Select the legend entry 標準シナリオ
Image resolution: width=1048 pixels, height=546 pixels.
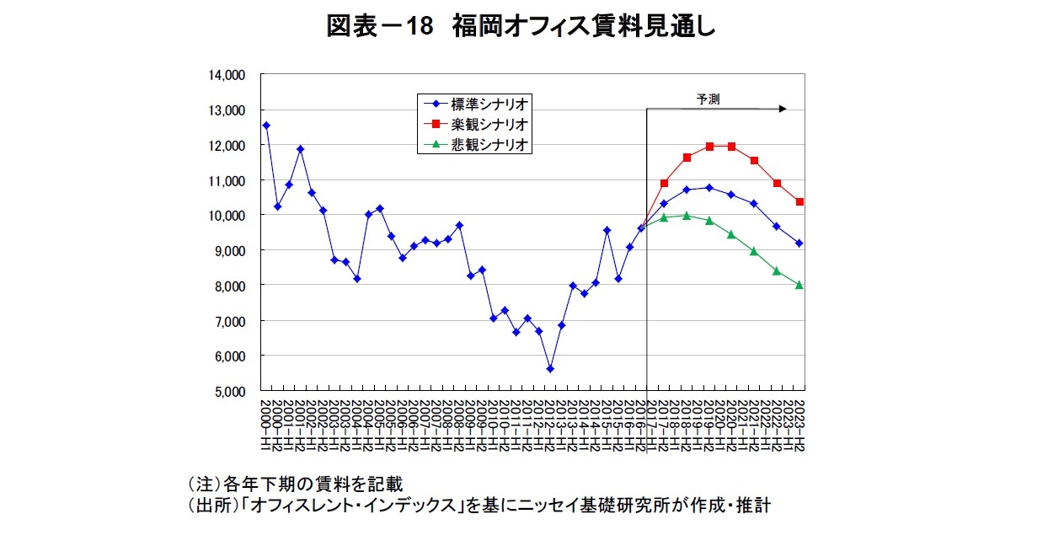(489, 104)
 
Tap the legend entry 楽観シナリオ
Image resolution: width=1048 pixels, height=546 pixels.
(489, 125)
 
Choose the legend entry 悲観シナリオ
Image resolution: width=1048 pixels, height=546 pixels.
(489, 145)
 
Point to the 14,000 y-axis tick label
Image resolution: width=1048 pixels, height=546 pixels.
(227, 75)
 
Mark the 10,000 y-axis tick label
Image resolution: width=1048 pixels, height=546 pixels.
(227, 216)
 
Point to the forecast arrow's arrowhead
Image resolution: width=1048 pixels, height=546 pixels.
(783, 109)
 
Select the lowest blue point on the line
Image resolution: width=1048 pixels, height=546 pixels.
(550, 369)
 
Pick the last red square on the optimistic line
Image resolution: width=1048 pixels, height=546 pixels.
(799, 202)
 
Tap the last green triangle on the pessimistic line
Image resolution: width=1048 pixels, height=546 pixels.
(799, 286)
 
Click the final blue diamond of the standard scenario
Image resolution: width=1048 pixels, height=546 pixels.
(799, 244)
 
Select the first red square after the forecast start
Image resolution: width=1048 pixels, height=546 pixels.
(664, 183)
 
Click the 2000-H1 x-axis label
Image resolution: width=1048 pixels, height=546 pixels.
(265, 420)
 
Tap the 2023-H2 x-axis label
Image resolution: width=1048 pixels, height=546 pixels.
(799, 420)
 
